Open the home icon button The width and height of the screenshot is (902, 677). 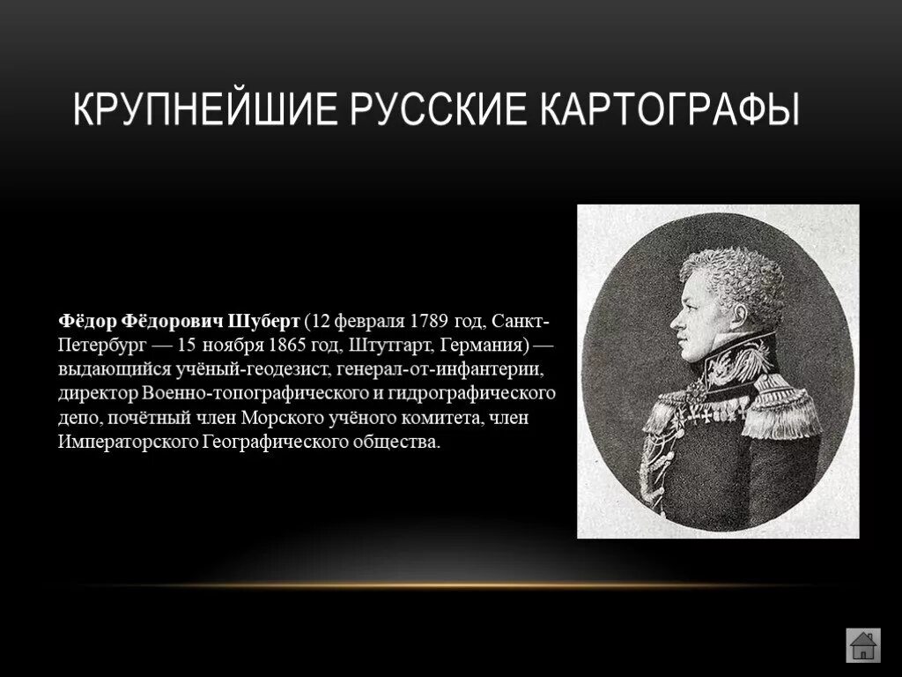click(x=862, y=644)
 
